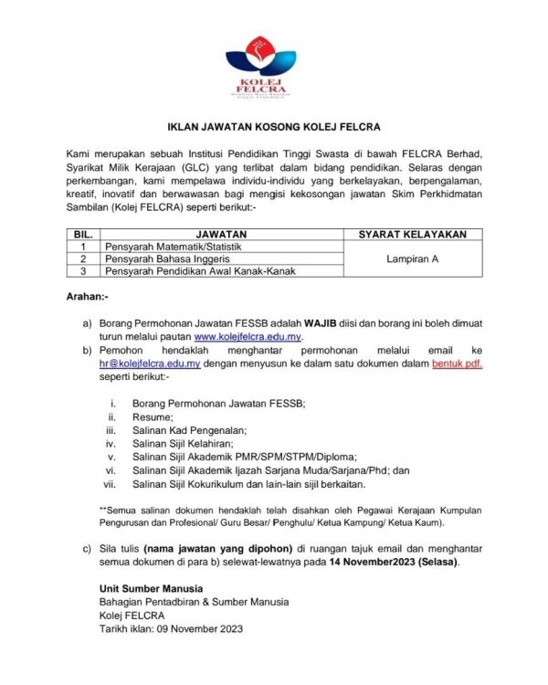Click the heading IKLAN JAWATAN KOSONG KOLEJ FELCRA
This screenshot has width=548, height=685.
(273, 126)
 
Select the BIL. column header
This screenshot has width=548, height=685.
(83, 235)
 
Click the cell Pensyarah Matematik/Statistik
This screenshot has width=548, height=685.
(170, 247)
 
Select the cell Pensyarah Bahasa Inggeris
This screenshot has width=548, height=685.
(162, 258)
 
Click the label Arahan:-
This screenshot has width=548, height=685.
(88, 297)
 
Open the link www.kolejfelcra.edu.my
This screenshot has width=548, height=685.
(247, 337)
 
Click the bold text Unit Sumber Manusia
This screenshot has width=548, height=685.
(151, 587)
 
